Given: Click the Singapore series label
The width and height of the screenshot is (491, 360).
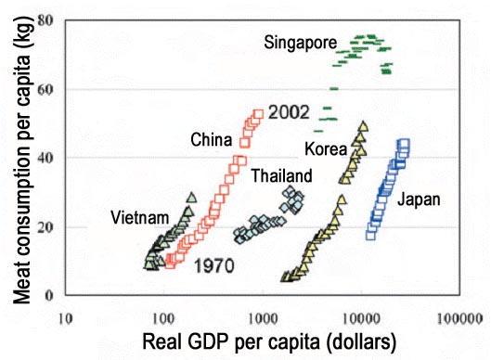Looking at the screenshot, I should [x=300, y=43].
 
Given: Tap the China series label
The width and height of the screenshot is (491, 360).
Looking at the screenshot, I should [x=211, y=140].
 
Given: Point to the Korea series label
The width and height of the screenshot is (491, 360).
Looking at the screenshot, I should [x=324, y=148].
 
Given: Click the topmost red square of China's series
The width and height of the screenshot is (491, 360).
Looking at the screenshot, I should [x=259, y=115].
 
